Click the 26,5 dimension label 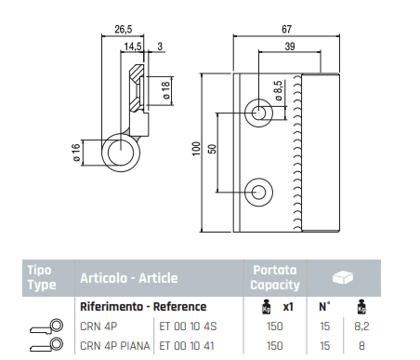point(124,29)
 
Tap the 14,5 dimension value point(133,47)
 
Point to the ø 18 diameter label point(166,90)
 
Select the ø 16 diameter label point(76,153)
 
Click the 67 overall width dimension point(286,29)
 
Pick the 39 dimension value point(290,47)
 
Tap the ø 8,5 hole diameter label point(279,90)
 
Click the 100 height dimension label point(197,149)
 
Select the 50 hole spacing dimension point(213,149)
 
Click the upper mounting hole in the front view point(258,113)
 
